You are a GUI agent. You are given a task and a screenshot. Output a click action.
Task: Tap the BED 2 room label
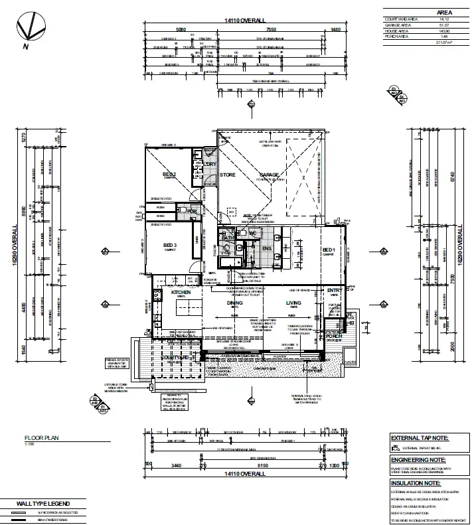click(169, 175)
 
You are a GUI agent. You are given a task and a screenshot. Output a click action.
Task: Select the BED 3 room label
click(171, 246)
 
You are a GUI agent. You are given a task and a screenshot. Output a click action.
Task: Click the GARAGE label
click(269, 175)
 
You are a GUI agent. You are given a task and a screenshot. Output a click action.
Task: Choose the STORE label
click(228, 175)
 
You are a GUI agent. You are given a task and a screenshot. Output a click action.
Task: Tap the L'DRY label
click(210, 164)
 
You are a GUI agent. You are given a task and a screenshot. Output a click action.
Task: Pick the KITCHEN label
click(181, 292)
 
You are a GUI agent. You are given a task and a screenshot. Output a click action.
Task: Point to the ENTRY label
click(334, 291)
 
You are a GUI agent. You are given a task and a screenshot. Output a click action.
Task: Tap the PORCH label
click(334, 337)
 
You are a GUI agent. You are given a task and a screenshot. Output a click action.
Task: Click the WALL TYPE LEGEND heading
click(43, 503)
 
